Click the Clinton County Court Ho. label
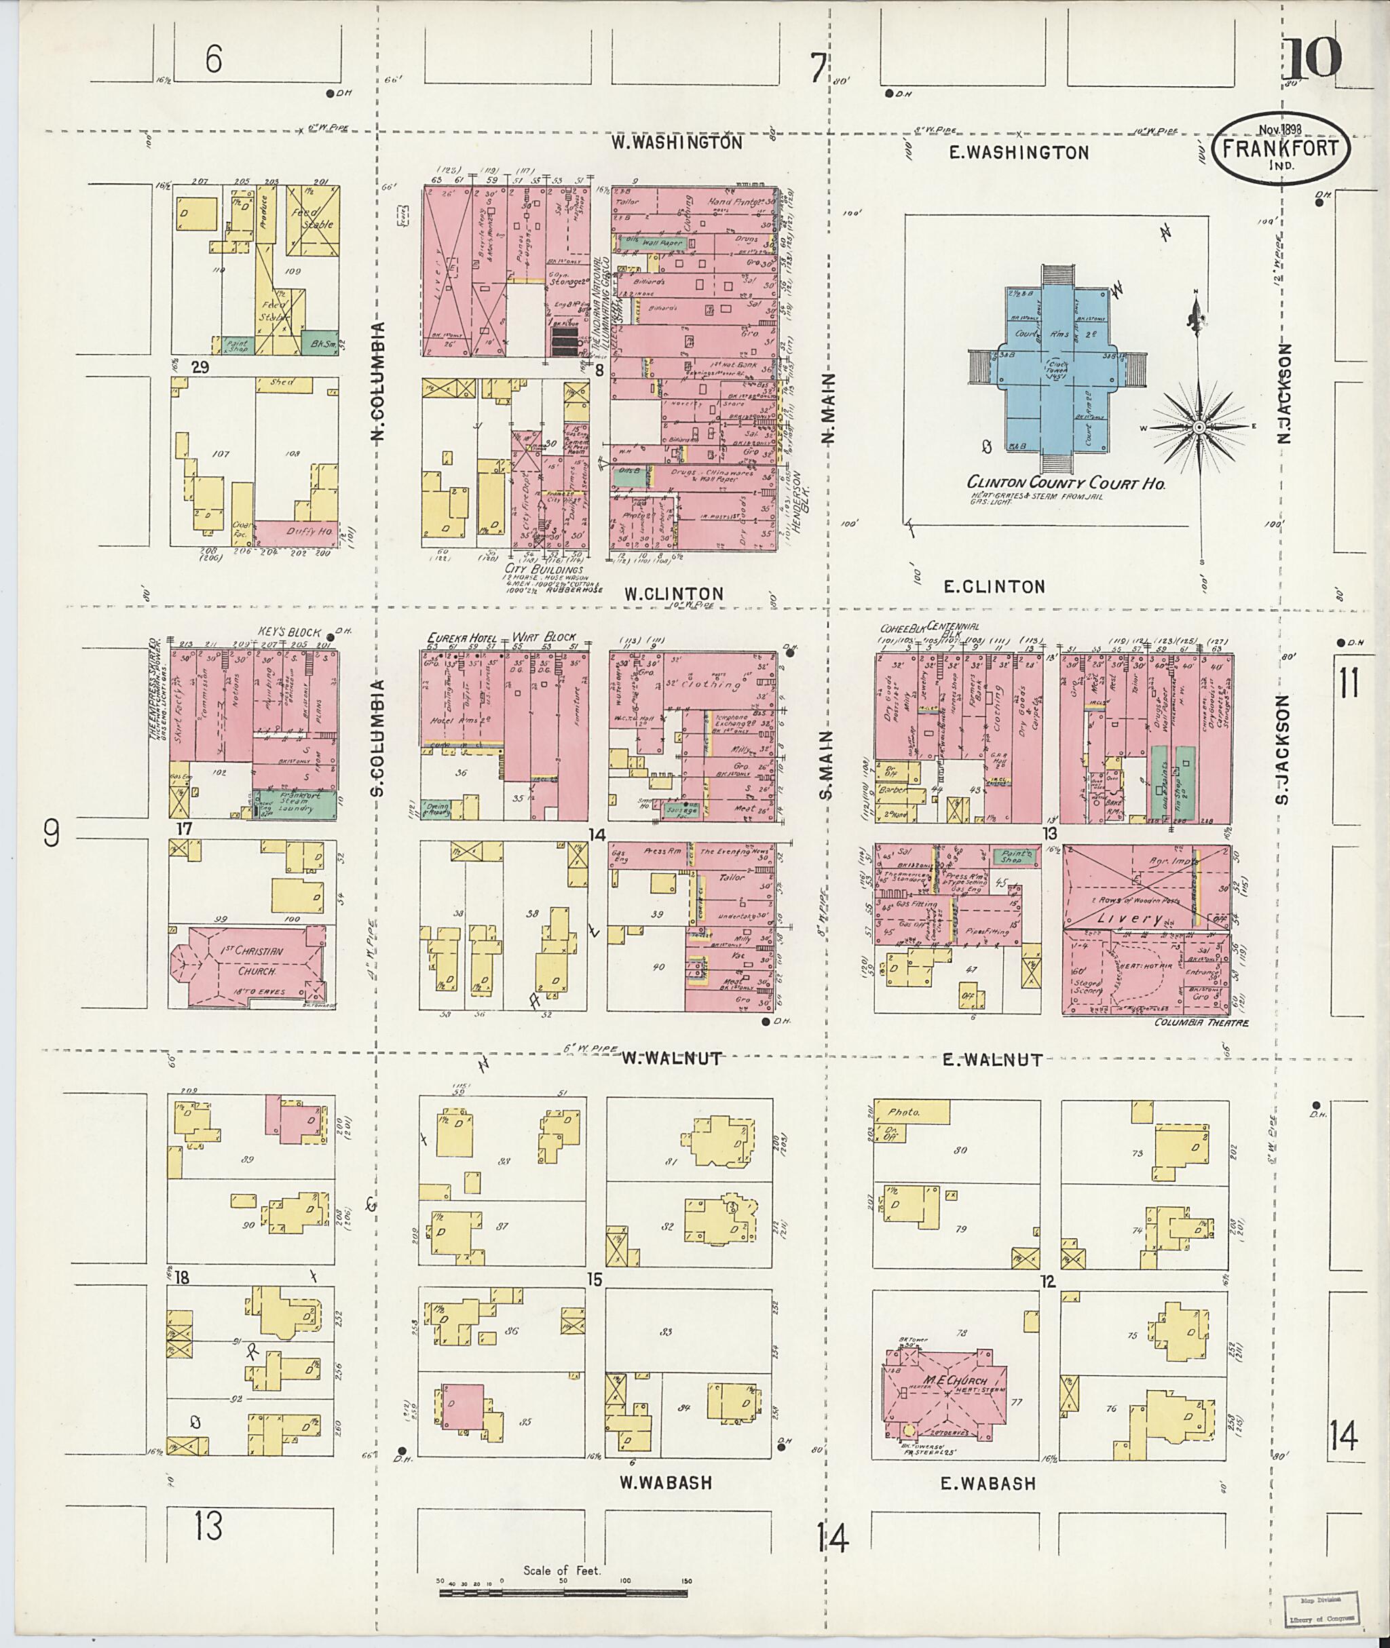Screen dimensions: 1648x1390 pos(1066,483)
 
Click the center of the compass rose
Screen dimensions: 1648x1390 pos(1197,427)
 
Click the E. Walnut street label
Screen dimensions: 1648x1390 pos(992,1060)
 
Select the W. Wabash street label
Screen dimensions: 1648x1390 pos(666,1482)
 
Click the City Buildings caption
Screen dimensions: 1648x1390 pos(544,569)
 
